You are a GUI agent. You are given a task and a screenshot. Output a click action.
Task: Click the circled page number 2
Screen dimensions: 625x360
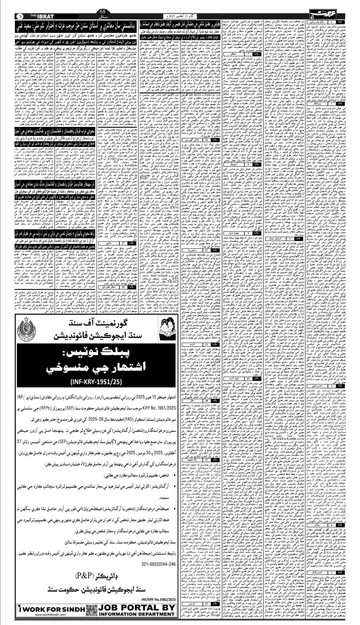point(20,16)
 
